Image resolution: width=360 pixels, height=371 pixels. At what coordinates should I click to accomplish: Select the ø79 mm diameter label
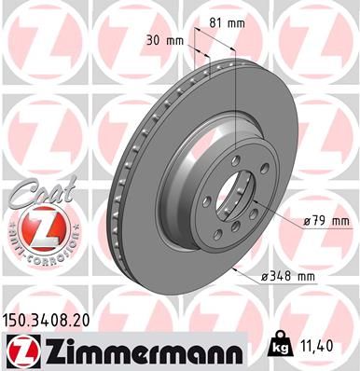coord(325,221)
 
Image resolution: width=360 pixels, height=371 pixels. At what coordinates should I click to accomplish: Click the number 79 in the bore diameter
coord(319,221)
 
